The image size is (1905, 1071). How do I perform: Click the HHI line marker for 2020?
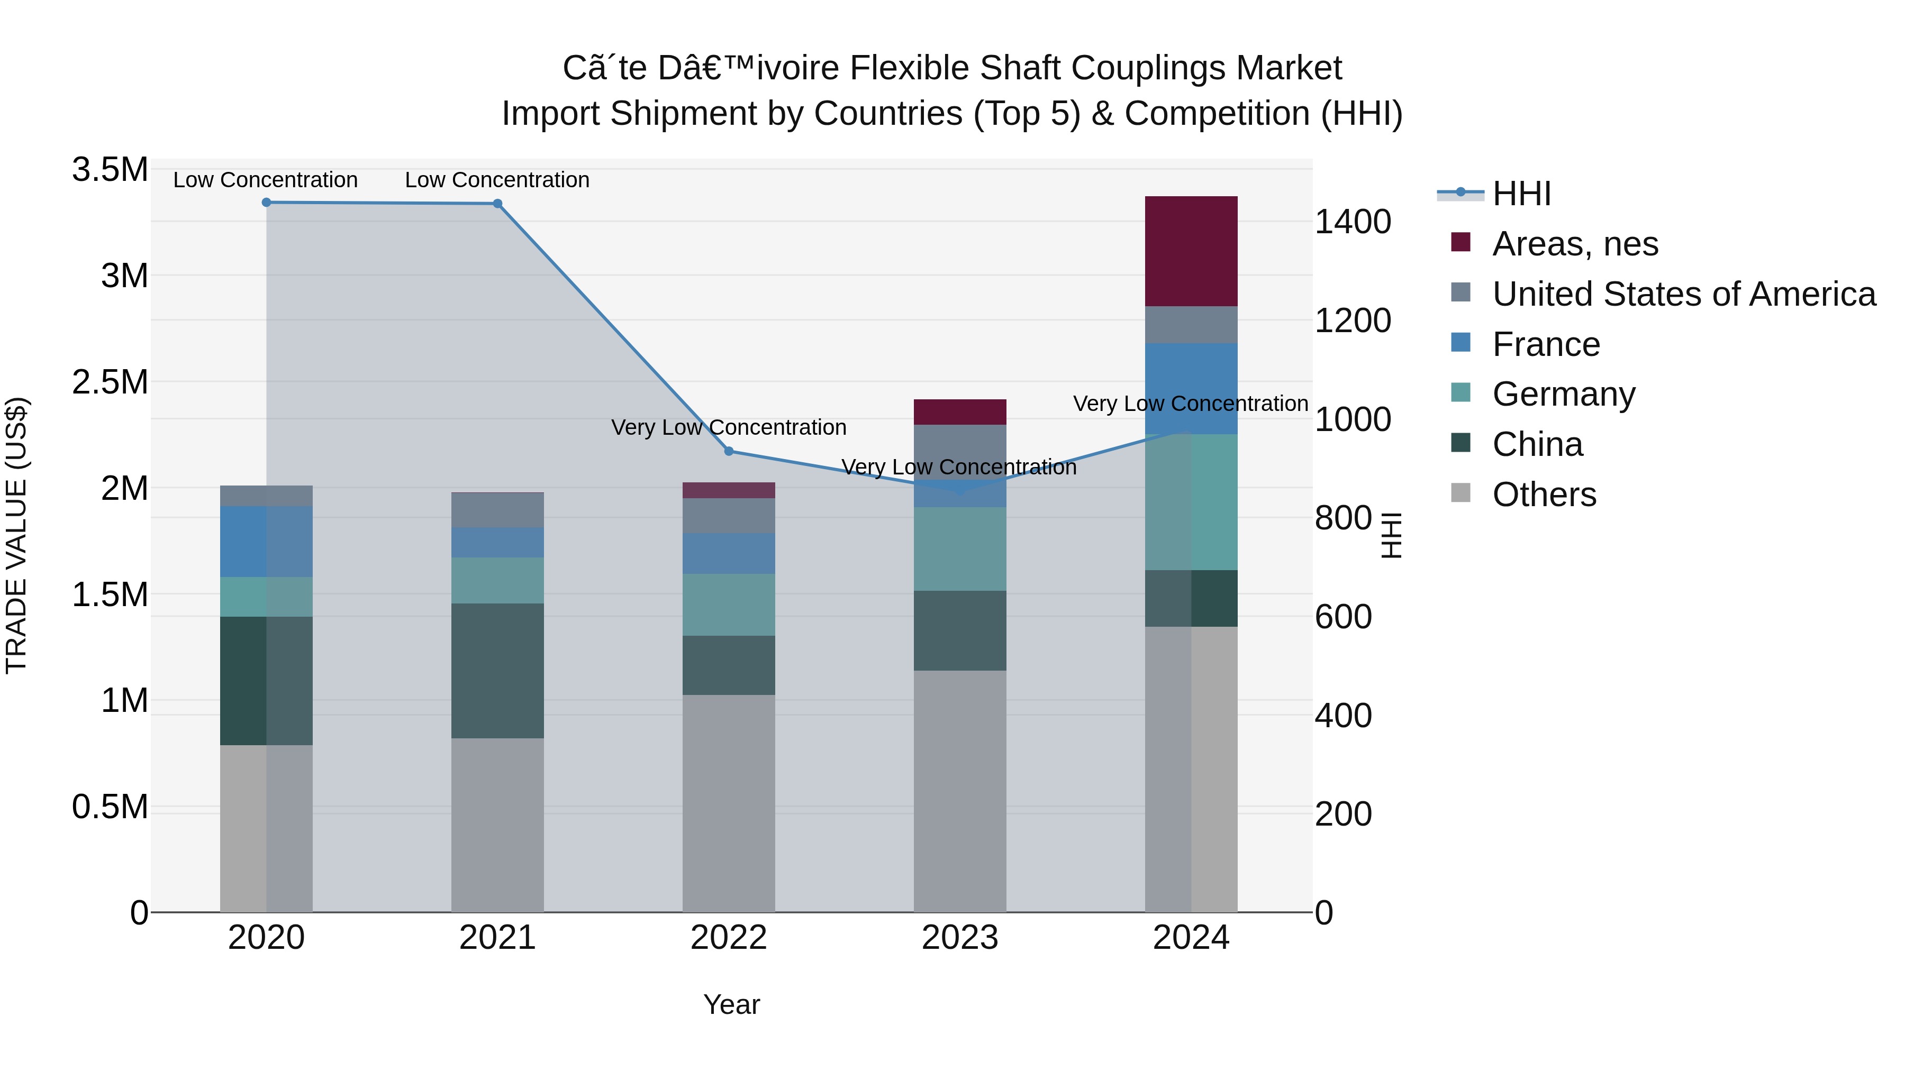tap(266, 203)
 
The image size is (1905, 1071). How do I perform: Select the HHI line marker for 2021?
tap(498, 204)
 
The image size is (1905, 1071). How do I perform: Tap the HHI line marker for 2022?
tap(729, 451)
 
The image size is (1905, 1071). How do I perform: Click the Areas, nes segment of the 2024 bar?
tap(1191, 251)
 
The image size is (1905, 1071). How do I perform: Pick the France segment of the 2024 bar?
tap(1191, 388)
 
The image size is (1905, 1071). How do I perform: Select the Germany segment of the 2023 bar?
tap(959, 548)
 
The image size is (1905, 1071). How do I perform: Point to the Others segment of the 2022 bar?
tap(729, 803)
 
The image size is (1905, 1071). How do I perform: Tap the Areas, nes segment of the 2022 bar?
tap(729, 490)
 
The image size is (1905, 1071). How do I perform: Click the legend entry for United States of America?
tap(1684, 294)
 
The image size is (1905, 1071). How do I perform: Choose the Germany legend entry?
tap(1563, 394)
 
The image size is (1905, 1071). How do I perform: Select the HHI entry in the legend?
tap(1521, 194)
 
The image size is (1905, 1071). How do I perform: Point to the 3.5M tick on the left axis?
tap(110, 170)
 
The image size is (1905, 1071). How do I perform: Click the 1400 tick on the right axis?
tap(1353, 222)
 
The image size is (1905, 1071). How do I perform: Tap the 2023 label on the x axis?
tap(959, 938)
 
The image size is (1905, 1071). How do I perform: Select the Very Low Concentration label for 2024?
tap(1190, 404)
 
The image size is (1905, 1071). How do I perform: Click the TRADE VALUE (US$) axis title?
tap(16, 535)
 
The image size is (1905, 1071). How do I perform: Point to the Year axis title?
tap(731, 1004)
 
